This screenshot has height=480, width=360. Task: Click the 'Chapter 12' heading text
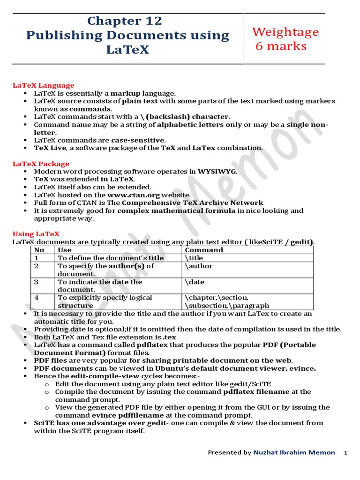(124, 21)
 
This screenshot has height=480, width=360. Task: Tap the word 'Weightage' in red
(285, 32)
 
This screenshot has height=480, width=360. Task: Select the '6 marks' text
(281, 46)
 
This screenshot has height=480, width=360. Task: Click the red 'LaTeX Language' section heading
(43, 85)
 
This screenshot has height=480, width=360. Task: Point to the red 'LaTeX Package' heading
(41, 164)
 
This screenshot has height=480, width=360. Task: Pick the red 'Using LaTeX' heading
(36, 234)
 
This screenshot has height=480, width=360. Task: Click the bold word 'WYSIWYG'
(217, 172)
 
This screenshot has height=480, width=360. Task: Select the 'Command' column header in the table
(204, 250)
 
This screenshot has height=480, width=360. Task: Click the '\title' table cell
(195, 258)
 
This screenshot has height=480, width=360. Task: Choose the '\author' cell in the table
(199, 266)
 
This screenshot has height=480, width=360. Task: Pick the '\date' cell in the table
(195, 282)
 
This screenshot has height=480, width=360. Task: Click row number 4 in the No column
(37, 298)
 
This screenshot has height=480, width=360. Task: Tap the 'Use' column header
(65, 250)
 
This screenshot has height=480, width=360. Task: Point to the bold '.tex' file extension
(169, 337)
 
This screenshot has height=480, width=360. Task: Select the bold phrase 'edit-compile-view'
(86, 376)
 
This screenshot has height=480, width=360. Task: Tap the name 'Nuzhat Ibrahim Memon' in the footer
(294, 452)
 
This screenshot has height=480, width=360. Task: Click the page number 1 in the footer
(345, 453)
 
